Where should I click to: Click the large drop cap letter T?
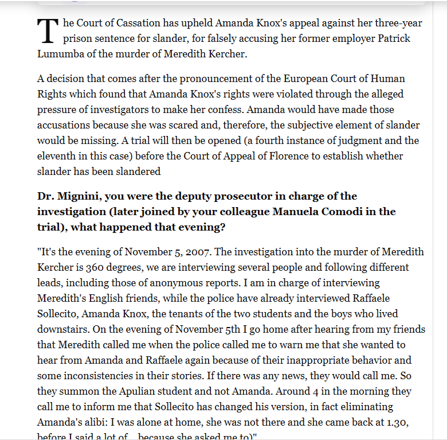[48, 31]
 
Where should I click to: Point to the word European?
[310, 78]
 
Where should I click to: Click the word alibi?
[93, 422]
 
